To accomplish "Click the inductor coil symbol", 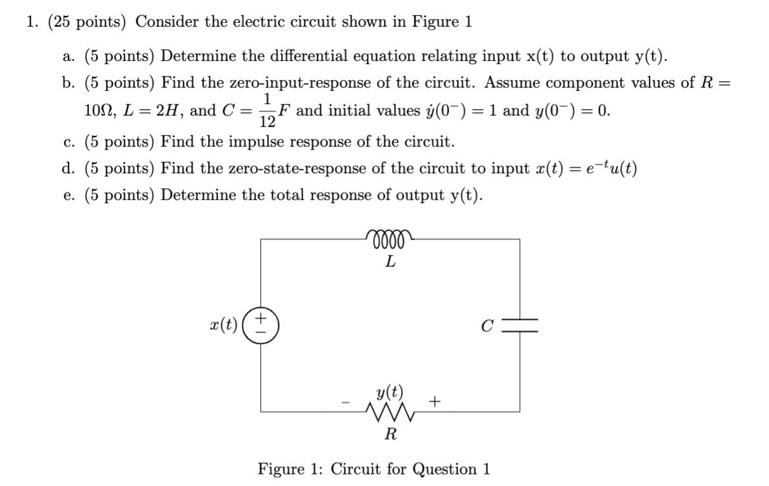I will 390,239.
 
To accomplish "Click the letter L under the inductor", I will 391,261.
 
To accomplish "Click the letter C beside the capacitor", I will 487,326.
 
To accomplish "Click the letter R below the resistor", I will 391,435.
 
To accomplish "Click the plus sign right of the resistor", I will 435,402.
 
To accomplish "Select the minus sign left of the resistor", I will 346,402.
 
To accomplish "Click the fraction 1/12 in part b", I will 268,110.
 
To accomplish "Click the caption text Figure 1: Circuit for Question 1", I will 374,470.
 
